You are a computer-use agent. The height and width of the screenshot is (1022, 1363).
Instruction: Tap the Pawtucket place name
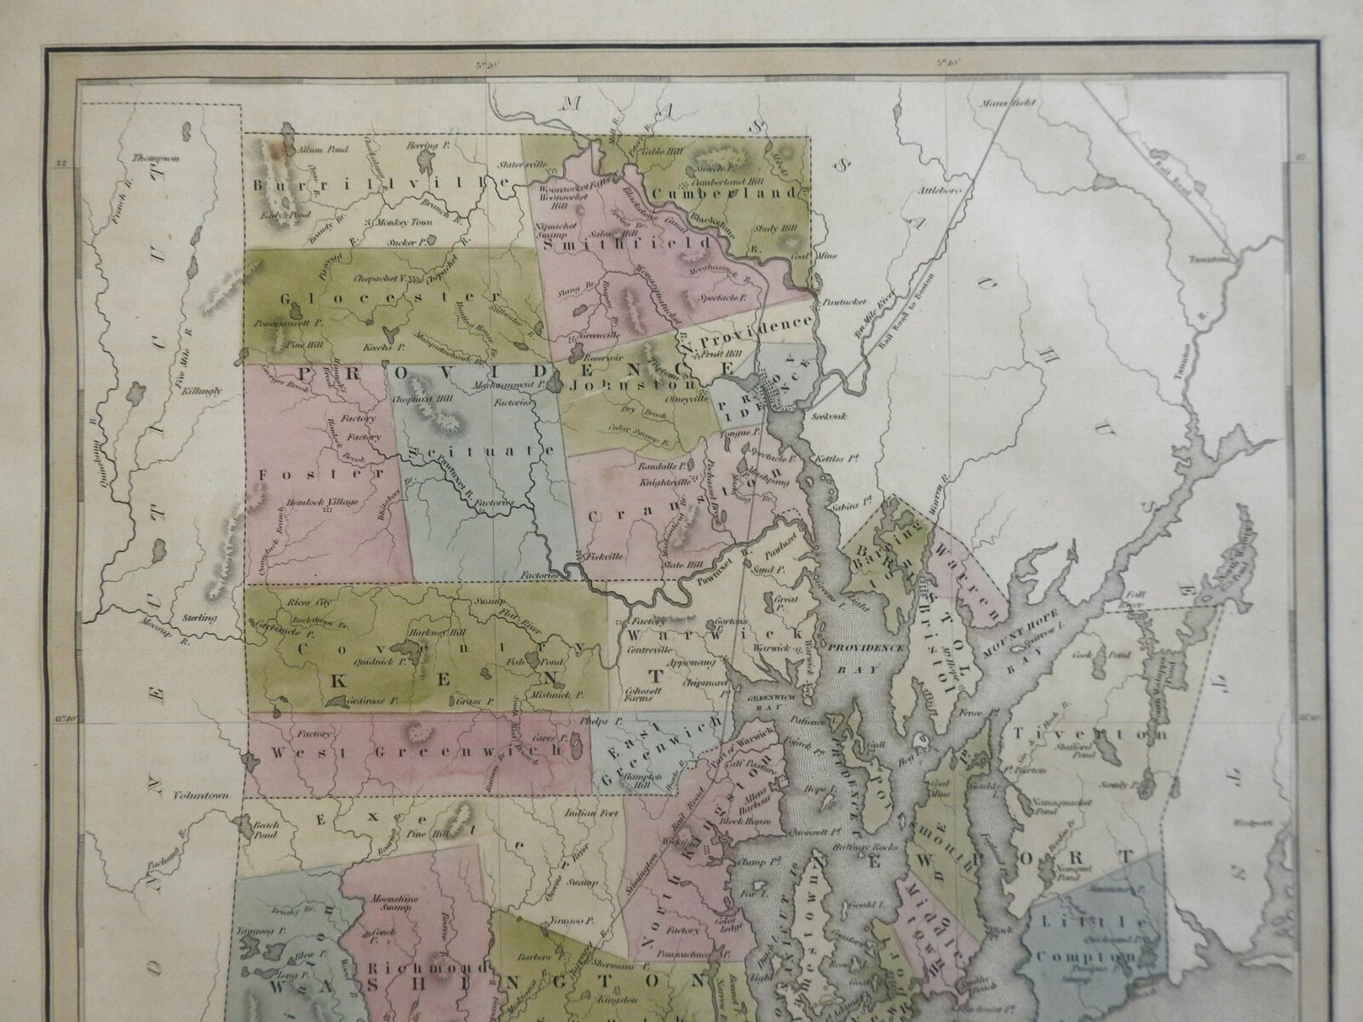(x=840, y=302)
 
